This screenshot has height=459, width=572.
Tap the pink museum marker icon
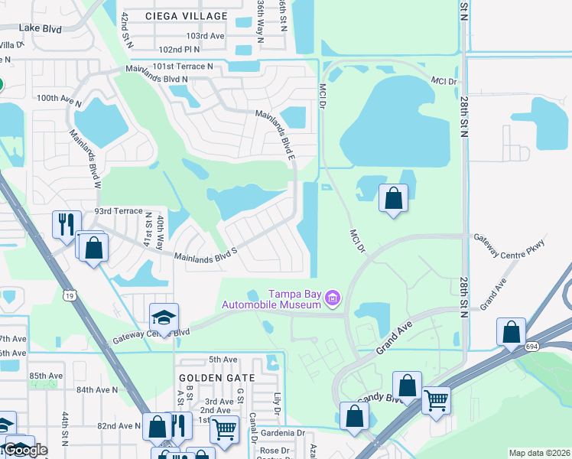point(332,296)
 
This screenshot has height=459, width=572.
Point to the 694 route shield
point(531,347)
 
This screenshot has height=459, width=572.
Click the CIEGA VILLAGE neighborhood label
point(187,16)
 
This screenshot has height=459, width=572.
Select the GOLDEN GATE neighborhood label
point(210,378)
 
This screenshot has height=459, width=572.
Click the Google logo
point(24,449)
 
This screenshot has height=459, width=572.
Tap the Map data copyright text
point(539,453)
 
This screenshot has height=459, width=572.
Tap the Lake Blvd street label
point(41,28)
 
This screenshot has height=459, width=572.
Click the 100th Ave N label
point(58,98)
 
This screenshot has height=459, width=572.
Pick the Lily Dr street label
point(278,404)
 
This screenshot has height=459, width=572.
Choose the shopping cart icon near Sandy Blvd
point(436,399)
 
